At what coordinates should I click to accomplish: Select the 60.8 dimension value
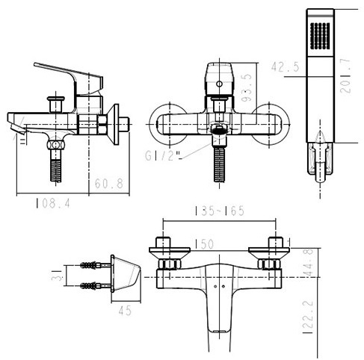click(x=109, y=181)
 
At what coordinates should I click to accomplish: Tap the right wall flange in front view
click(x=267, y=123)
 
